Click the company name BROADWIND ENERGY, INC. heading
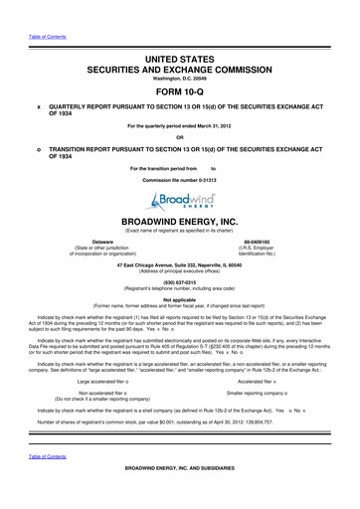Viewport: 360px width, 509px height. click(x=180, y=226)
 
